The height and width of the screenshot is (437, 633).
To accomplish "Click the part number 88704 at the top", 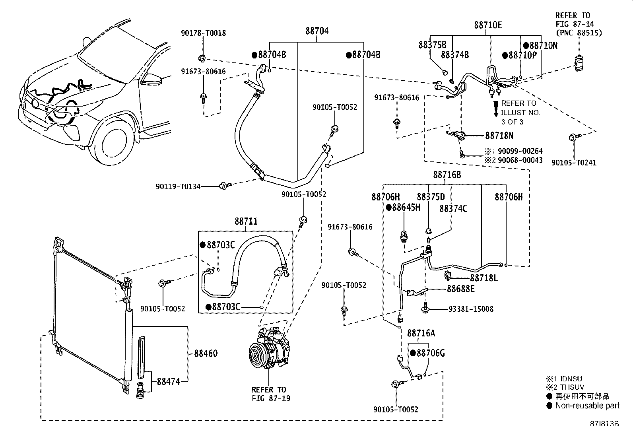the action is [x=317, y=31].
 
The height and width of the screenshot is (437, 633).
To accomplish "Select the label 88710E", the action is [x=488, y=25].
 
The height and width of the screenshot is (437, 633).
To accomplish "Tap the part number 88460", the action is [x=206, y=353].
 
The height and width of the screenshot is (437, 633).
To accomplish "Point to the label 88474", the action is [x=169, y=382].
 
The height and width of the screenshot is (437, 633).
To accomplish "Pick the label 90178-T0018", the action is [x=204, y=33].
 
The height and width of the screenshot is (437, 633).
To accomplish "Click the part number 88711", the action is [x=246, y=221].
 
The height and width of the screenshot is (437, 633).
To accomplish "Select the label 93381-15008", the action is [x=471, y=309].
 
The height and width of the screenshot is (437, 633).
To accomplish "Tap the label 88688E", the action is [x=460, y=289].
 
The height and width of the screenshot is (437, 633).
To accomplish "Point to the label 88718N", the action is [x=499, y=136].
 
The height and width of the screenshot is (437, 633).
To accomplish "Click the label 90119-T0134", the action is [x=178, y=186].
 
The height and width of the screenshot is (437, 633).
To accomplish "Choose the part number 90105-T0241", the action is [x=574, y=163].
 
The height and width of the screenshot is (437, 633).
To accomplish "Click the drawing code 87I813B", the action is [x=604, y=424].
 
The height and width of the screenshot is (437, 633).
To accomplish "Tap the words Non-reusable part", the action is [x=587, y=406].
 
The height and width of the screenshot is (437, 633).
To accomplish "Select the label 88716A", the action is [x=421, y=334].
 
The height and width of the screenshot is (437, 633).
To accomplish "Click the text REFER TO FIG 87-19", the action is [x=271, y=394].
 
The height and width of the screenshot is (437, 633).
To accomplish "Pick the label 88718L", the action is [x=484, y=278].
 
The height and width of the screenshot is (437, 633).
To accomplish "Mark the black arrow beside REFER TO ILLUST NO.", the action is [x=496, y=109].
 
